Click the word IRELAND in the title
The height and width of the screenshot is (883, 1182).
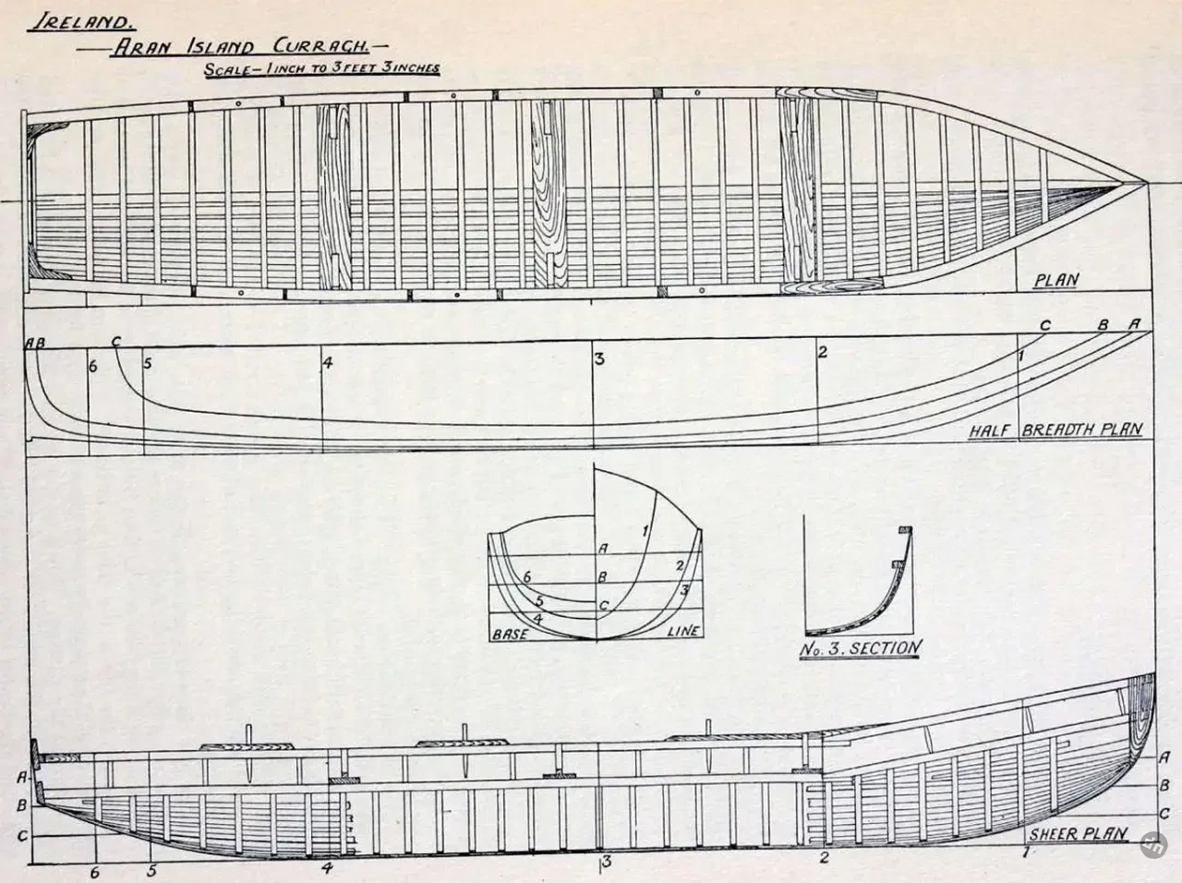[x=82, y=22]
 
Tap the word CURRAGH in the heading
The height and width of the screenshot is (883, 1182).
[x=321, y=46]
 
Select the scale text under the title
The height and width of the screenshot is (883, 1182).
[x=322, y=69]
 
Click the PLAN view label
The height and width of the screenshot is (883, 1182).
[x=1056, y=281]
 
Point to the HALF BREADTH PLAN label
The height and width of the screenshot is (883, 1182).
[x=1055, y=430]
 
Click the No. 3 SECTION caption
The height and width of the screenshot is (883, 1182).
[x=861, y=648]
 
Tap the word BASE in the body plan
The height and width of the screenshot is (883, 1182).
[x=510, y=634]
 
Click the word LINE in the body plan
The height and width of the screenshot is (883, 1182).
[x=683, y=631]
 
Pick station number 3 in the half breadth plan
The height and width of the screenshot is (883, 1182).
[x=600, y=358]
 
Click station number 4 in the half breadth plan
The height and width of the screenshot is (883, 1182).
[x=328, y=363]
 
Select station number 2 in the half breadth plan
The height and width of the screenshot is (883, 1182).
[x=822, y=352]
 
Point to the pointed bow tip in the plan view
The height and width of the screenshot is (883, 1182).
[x=1147, y=184]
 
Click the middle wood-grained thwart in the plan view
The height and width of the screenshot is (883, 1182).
[x=549, y=194]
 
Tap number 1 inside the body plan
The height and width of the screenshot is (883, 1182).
[x=645, y=531]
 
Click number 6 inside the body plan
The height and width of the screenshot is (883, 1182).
[x=527, y=577]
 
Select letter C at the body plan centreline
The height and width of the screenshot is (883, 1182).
[x=604, y=606]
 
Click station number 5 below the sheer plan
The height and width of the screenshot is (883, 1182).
[x=151, y=871]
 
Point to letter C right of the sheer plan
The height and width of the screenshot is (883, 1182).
[x=1164, y=813]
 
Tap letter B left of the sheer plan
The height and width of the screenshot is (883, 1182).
[x=22, y=806]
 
